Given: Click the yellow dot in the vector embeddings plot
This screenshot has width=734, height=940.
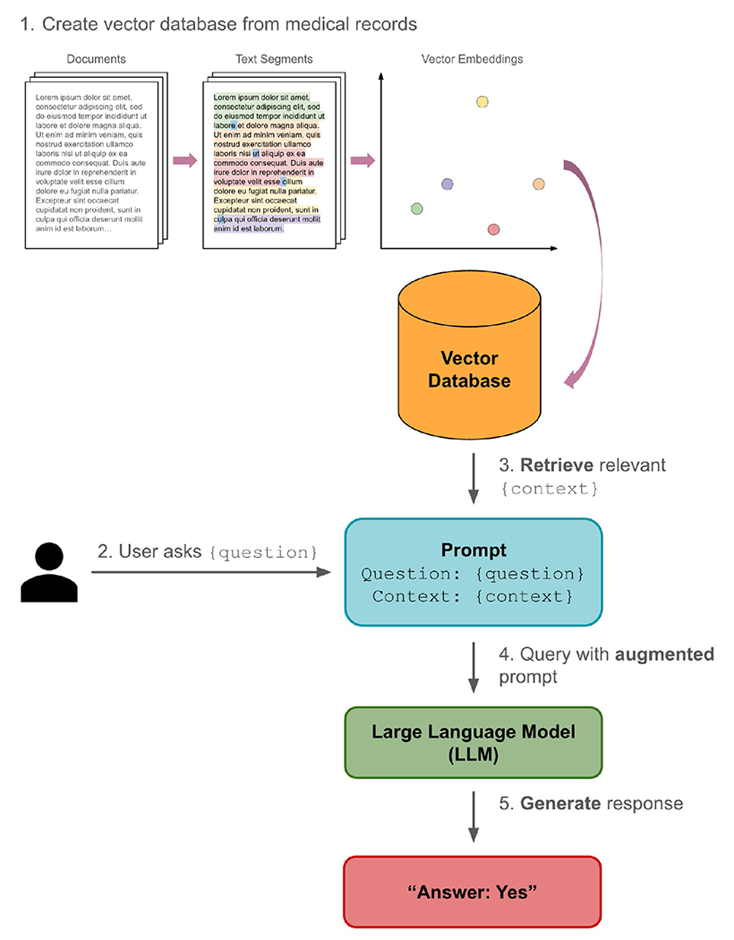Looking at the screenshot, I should coord(482,102).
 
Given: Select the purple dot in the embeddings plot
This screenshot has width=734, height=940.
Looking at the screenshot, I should coord(447,184).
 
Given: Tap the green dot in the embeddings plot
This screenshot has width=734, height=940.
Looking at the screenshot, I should coord(417,209).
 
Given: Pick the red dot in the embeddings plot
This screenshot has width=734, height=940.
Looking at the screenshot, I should coord(493,230).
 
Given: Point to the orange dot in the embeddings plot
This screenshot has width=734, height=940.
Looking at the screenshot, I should coord(538,184).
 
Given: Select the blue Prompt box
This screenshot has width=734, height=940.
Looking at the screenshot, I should coord(474,572).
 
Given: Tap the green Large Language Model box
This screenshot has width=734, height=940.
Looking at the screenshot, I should coord(474,743).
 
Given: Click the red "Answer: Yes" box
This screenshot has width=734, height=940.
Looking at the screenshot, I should coord(473,892).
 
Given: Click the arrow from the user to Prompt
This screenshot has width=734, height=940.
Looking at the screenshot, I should coord(210,572).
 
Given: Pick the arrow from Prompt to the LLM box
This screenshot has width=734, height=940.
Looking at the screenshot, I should coord(474,667).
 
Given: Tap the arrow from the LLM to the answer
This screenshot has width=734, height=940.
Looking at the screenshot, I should coord(474,816).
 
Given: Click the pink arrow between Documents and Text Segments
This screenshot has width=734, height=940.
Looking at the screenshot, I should coord(185,160).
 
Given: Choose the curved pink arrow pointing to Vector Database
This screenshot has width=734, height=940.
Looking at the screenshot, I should coord(594,269).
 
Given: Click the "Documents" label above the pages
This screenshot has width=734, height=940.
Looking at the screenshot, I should coord(96,59).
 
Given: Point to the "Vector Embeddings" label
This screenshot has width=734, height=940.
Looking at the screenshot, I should coord(472,59).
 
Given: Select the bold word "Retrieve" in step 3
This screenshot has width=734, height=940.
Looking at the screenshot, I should coord(556,466).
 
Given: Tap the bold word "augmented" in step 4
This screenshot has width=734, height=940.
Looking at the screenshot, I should coord(664,654).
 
